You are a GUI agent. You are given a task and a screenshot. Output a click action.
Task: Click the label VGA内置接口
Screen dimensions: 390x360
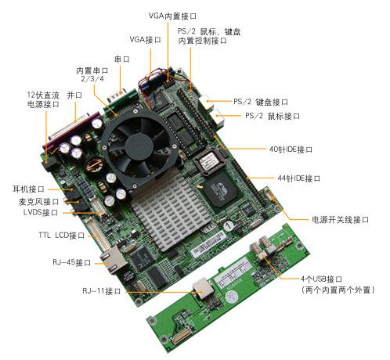pos(172,16)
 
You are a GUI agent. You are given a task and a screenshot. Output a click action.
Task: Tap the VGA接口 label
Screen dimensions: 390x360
pos(145,40)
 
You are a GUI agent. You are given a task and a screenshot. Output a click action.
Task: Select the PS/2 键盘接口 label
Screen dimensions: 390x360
pos(261,102)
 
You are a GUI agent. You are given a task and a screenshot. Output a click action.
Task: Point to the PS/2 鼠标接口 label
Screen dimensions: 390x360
pos(273,116)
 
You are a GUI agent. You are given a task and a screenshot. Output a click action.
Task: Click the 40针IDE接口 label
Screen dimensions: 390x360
pos(291,149)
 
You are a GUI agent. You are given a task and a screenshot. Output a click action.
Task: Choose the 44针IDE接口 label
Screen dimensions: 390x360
pos(299,178)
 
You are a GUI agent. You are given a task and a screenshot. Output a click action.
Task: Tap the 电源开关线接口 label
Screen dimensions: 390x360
pos(340,219)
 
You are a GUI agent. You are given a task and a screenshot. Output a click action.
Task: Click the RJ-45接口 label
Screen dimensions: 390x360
pos(72,262)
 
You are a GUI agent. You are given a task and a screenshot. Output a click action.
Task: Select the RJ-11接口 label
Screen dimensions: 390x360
pos(102,290)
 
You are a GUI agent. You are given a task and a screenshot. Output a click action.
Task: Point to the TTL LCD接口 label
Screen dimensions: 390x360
pos(62,235)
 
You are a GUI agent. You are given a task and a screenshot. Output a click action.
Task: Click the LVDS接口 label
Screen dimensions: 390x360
pos(41,212)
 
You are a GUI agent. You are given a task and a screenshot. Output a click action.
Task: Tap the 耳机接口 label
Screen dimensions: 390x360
pos(28,189)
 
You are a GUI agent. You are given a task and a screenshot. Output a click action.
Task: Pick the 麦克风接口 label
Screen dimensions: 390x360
pos(39,201)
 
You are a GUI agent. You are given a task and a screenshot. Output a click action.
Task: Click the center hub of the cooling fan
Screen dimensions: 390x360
pos(139,148)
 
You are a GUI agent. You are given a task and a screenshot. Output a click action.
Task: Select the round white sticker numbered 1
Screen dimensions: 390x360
pos(228,225)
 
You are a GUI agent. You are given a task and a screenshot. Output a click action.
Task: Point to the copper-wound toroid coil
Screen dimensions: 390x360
pos(95,165)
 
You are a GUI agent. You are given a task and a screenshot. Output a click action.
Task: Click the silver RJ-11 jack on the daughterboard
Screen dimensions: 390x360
pos(203,288)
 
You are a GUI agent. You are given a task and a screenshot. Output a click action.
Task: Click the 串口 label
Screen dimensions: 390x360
pos(122,59)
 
